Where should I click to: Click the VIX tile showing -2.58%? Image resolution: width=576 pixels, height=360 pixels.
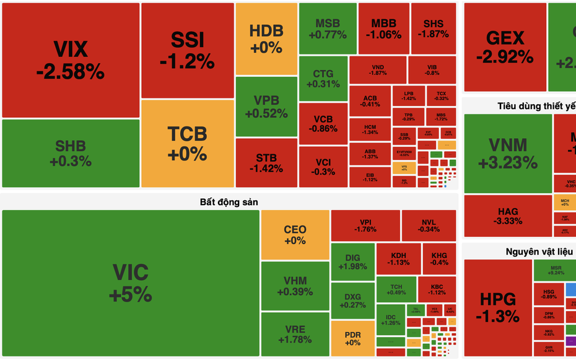70,60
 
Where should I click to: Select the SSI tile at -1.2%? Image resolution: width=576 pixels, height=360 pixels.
187,51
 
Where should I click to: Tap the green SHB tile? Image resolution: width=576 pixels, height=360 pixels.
70,154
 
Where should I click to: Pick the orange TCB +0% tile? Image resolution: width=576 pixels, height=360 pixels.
187,143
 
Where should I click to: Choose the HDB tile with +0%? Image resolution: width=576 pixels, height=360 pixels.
266,39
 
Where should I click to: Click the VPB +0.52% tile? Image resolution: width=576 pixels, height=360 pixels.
266,107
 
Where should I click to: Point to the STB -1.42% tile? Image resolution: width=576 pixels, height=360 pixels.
266,162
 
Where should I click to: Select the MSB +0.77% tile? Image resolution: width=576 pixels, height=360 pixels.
327,29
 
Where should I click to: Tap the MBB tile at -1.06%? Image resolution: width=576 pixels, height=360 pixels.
383,29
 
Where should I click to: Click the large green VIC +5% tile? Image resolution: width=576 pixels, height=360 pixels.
131,283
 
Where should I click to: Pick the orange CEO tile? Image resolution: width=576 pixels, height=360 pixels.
295,235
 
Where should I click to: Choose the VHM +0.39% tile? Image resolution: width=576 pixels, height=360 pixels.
295,286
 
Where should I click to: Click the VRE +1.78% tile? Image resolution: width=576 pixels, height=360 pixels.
295,334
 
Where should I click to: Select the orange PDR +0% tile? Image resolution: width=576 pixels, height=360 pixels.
352,338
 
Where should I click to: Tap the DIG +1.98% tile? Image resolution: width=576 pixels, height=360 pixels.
352,262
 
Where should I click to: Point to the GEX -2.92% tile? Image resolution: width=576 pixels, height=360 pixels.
505,48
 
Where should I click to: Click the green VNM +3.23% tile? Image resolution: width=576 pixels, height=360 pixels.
507,154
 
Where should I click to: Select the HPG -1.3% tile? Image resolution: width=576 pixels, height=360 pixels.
499,307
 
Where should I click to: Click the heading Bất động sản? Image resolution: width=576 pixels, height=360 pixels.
229,202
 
